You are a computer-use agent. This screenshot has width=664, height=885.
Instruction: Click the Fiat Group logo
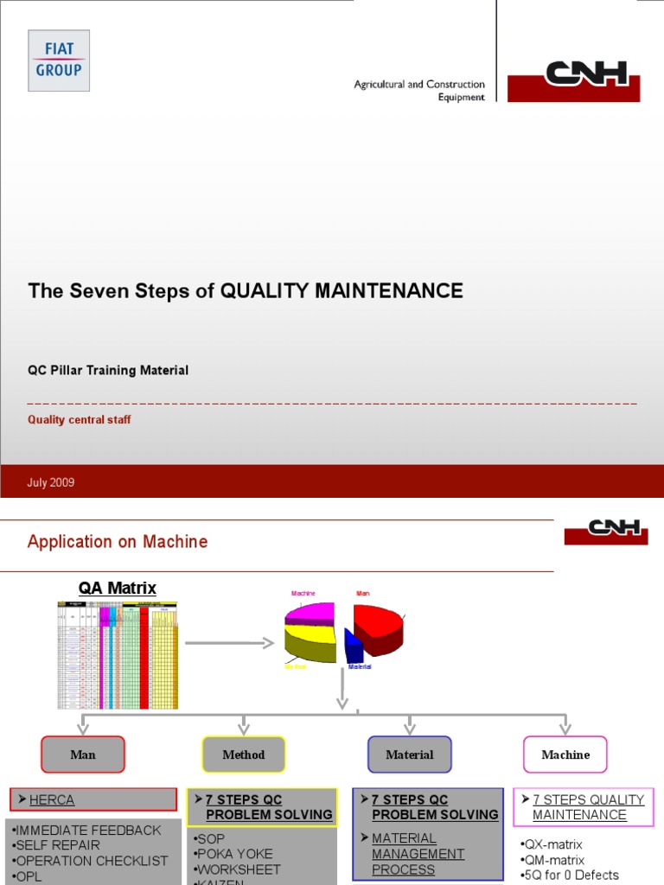click(x=58, y=60)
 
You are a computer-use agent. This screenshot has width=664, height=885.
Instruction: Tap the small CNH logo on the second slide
click(x=606, y=531)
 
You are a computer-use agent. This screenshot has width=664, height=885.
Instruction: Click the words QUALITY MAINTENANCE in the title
click(x=342, y=291)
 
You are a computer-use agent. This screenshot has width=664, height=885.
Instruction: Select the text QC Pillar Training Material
click(x=108, y=370)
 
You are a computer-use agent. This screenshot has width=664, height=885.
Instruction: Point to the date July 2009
click(x=51, y=483)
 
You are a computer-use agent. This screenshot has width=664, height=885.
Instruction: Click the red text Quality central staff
click(x=80, y=420)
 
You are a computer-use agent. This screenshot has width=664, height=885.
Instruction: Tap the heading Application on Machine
click(x=118, y=542)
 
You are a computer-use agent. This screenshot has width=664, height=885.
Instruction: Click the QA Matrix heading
click(x=118, y=589)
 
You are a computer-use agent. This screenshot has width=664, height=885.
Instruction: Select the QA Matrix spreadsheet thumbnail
click(x=118, y=655)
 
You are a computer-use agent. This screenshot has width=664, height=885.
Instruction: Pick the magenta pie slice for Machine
click(x=311, y=612)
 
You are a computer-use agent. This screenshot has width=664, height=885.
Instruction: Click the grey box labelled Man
click(x=83, y=754)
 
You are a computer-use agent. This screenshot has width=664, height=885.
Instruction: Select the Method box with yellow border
click(x=244, y=754)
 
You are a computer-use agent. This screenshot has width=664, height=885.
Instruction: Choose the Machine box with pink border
click(x=565, y=754)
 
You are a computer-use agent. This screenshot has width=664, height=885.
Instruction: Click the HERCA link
click(x=52, y=800)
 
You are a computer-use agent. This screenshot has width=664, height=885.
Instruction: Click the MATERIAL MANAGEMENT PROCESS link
click(x=418, y=854)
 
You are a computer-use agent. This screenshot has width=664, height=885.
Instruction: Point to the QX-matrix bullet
click(x=553, y=844)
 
